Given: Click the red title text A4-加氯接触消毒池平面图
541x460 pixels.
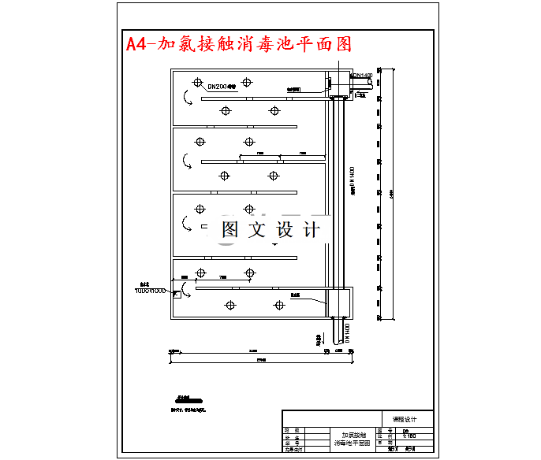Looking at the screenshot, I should [x=239, y=44].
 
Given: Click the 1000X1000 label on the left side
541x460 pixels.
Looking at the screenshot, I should [x=151, y=291].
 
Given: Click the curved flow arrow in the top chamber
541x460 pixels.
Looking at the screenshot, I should [x=187, y=98].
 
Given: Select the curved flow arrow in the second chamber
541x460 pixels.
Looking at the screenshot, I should [x=187, y=161].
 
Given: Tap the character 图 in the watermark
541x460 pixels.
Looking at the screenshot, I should [x=230, y=229].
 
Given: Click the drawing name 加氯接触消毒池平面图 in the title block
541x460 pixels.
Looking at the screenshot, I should [x=352, y=440].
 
